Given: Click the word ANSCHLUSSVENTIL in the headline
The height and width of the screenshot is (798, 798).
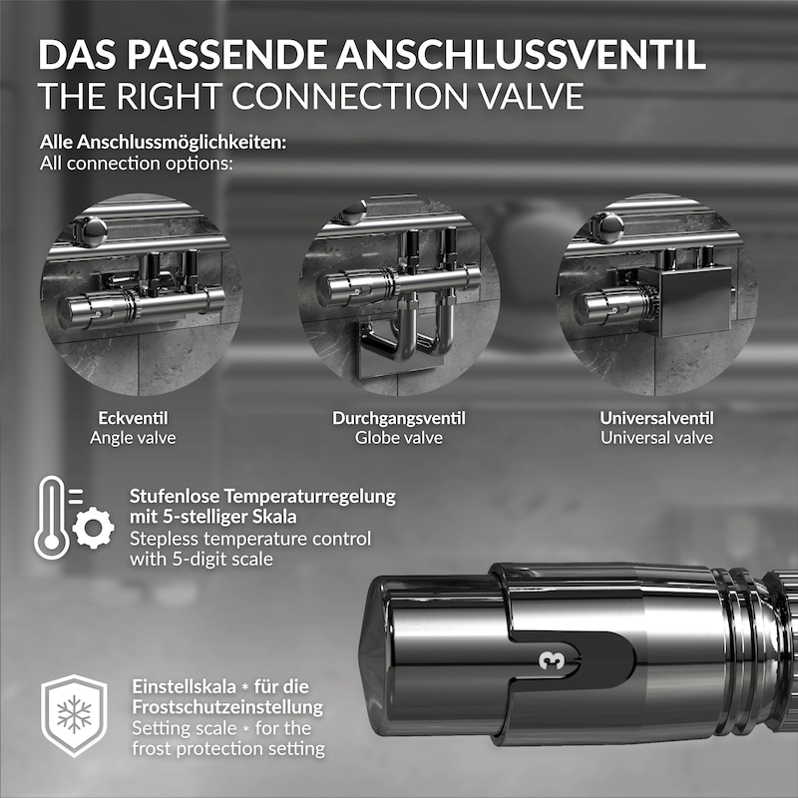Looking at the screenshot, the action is point(521,54).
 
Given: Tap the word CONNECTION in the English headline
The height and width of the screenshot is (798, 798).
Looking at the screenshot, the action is point(350,96).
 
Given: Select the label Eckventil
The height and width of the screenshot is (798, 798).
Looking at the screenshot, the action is point(133,418).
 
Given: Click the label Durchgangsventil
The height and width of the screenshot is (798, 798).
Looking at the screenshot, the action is point(398,418).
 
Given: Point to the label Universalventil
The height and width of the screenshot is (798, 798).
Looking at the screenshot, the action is point(656,418).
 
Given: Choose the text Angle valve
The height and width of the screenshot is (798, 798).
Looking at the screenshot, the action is point(133,438).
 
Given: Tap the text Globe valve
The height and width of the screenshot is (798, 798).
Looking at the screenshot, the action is point(398,438).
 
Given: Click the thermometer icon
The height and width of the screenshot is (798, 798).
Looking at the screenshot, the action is point(52,518).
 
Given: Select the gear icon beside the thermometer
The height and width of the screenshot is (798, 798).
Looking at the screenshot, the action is point(93,528).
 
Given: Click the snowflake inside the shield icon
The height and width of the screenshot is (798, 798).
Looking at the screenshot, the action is point(74,713).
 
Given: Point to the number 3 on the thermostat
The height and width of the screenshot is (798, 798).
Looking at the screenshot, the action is point(552,660).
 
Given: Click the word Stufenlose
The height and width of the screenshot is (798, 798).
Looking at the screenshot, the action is point(176,496).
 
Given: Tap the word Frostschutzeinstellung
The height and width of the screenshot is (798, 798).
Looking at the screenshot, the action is point(227,707).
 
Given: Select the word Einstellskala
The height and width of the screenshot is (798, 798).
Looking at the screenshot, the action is point(185,686).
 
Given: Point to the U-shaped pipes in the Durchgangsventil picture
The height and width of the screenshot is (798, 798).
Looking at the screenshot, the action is point(407,333).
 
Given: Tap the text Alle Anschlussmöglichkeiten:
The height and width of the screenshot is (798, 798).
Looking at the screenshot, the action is point(163,143).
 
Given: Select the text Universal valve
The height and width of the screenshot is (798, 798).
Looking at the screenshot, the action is point(656,438).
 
